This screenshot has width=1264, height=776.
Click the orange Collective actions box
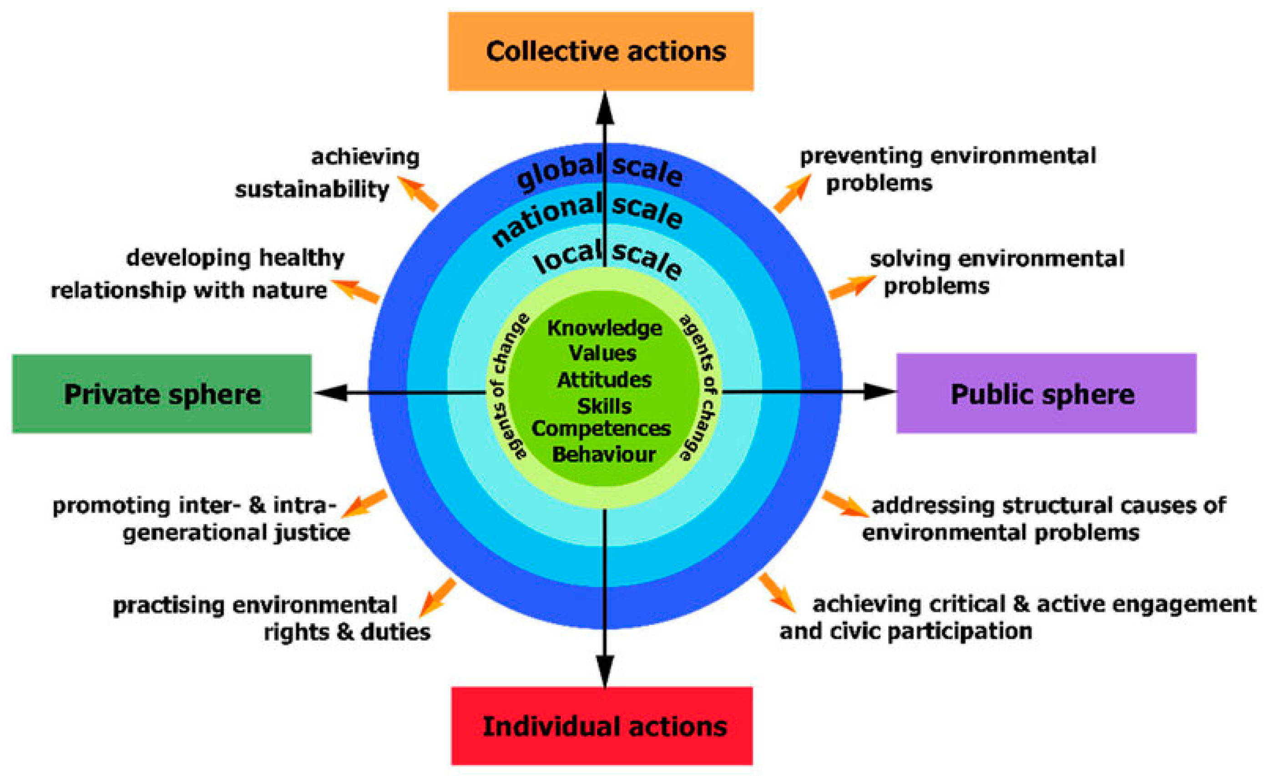(601, 51)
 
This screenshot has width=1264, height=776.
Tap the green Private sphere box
(162, 393)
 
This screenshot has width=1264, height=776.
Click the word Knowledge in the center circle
(604, 328)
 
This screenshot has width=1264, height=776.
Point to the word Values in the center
(603, 353)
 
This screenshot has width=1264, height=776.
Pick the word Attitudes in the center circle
(604, 380)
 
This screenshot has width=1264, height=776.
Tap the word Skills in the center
(604, 406)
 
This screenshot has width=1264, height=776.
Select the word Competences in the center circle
(601, 428)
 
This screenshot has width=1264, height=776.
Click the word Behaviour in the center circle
(604, 455)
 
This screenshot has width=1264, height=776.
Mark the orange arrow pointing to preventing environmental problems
(793, 193)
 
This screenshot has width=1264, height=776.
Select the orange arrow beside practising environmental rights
(437, 598)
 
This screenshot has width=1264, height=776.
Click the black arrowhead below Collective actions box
(605, 109)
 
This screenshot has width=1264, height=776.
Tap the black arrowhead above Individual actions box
(605, 670)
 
